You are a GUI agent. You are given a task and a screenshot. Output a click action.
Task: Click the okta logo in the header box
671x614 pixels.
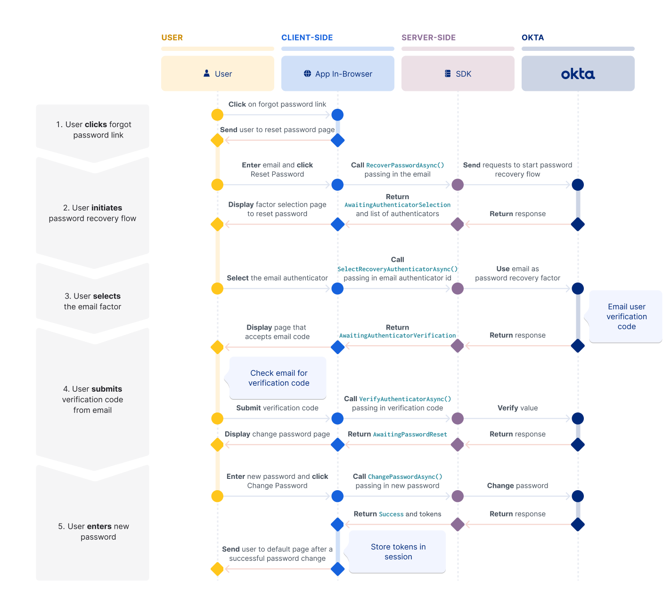[578, 74]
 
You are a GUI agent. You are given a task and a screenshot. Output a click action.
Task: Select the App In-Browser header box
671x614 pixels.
[338, 74]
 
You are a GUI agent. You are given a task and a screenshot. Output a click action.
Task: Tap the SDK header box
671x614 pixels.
[458, 74]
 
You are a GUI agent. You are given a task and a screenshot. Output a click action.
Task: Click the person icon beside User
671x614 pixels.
[206, 73]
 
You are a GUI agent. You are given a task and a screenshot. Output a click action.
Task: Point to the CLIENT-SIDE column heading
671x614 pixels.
[307, 38]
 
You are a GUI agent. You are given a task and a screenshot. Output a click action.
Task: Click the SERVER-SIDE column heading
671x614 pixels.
[428, 38]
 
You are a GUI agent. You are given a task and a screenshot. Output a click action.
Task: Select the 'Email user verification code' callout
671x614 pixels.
[626, 316]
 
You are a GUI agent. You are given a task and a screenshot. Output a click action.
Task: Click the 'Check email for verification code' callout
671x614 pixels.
[278, 378]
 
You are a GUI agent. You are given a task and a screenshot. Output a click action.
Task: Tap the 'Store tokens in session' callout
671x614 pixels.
[398, 552]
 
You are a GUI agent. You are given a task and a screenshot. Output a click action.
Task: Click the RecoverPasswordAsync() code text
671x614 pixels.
[405, 165]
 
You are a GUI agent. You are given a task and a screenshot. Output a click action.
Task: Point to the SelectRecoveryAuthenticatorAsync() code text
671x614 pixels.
[397, 269]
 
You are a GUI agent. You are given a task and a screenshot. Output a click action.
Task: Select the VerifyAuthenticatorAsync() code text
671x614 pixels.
[405, 399]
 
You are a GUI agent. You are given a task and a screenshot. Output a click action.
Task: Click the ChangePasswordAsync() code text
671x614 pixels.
[405, 477]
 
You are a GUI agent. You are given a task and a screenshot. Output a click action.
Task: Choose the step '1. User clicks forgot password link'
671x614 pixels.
[93, 130]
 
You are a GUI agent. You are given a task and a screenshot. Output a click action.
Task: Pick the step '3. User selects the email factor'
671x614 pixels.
[93, 301]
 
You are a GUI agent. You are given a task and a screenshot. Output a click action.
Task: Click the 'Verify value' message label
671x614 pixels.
[517, 408]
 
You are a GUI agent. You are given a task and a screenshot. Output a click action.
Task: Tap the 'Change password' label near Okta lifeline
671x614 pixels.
[517, 486]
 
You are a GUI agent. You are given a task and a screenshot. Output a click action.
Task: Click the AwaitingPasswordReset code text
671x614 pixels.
[410, 435]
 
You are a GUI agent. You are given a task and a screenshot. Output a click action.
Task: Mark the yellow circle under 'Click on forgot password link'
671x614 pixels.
[217, 115]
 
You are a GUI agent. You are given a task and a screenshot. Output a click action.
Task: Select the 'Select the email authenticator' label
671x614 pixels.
[277, 278]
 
